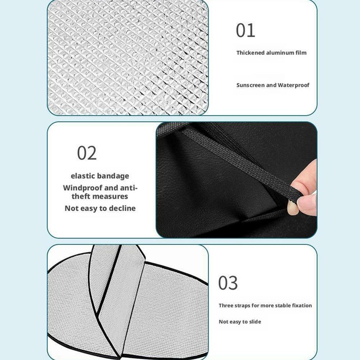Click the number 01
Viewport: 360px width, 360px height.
click(x=245, y=30)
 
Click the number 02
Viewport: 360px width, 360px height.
click(x=87, y=153)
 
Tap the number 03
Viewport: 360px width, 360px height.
click(x=228, y=283)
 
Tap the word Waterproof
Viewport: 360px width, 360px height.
click(x=293, y=85)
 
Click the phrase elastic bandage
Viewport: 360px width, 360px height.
click(x=100, y=176)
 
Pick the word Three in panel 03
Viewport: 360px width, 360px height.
click(x=226, y=305)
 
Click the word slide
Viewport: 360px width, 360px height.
click(x=255, y=322)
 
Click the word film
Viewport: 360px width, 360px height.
click(x=301, y=53)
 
